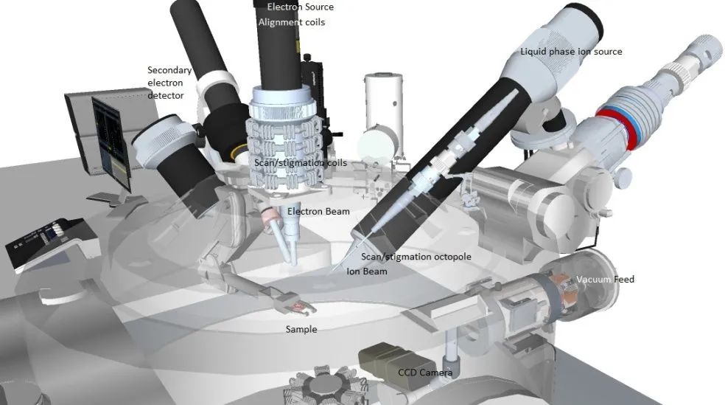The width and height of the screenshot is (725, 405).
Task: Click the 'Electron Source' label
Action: pyautogui.click(x=300, y=7)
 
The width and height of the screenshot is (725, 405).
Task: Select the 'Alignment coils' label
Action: pyautogui.click(x=291, y=22)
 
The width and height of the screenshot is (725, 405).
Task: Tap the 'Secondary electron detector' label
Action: pyautogui.click(x=169, y=83)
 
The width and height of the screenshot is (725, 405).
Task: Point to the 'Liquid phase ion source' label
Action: pyautogui.click(x=571, y=52)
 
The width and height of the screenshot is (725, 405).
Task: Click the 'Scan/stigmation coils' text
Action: pyautogui.click(x=301, y=163)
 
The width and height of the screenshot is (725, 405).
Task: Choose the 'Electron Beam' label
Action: pyautogui.click(x=318, y=212)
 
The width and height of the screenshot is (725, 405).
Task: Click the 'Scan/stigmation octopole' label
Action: pyautogui.click(x=416, y=257)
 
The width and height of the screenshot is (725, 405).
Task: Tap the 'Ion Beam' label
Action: pyautogui.click(x=367, y=271)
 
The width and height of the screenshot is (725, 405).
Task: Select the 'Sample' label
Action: pyautogui.click(x=301, y=330)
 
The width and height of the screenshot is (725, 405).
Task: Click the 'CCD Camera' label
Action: pyautogui.click(x=425, y=373)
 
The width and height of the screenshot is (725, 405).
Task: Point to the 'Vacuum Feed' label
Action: pyautogui.click(x=605, y=279)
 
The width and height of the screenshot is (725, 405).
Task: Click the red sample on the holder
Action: pyautogui.click(x=298, y=306)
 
